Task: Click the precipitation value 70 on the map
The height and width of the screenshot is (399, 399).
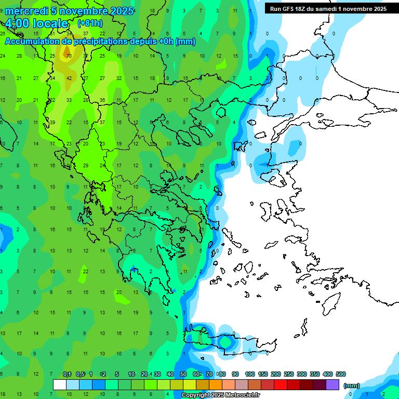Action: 69,56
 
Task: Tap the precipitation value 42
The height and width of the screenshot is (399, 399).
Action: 69,78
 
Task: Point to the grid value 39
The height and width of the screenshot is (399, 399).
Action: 52,122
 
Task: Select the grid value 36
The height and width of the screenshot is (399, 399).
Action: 102,100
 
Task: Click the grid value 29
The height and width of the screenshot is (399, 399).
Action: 86,166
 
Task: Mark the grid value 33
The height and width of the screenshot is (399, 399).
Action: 69,100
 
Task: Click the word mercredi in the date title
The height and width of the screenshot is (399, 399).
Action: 26,11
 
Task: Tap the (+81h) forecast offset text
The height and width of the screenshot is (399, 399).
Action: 90,23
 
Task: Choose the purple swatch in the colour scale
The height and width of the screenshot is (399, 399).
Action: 332,384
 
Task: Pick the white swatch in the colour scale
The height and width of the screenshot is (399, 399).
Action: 60,384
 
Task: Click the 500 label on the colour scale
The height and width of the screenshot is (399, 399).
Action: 341,374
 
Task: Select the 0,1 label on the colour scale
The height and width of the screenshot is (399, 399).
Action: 67,374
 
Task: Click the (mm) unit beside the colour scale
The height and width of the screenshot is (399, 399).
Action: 352,385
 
